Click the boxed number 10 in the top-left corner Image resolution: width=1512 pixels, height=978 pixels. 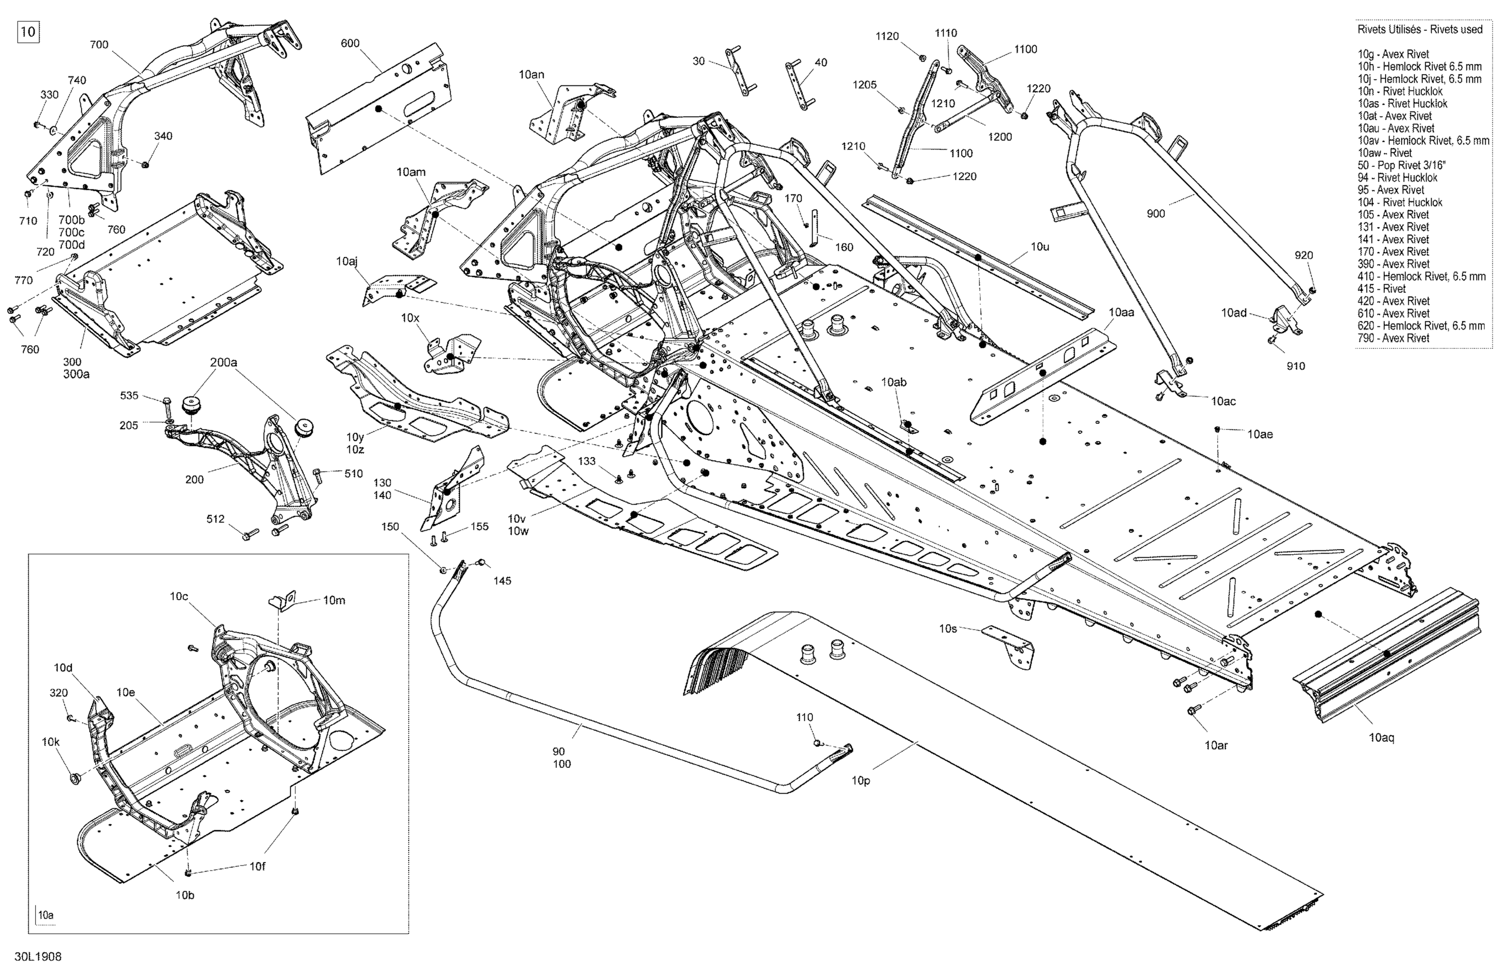point(28,32)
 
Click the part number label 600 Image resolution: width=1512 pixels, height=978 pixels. point(350,43)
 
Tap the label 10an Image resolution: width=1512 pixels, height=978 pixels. point(531,74)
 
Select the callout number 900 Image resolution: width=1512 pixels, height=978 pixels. point(1156,213)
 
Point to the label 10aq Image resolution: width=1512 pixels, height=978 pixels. point(1381,737)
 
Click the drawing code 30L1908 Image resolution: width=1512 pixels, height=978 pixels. point(40,956)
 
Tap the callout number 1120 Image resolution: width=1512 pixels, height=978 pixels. point(887,36)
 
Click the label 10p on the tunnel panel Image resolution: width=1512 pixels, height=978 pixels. point(861,780)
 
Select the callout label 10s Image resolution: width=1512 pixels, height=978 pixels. point(948,628)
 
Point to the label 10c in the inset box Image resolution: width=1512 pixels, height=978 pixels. point(179,597)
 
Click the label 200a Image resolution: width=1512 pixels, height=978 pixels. point(224,363)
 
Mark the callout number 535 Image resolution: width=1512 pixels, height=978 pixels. point(129,396)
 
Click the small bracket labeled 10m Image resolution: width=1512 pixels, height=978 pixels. point(283,600)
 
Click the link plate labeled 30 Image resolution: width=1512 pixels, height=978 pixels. point(740,72)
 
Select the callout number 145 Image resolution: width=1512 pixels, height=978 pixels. point(502,580)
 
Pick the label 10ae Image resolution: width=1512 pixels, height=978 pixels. point(1260,434)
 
